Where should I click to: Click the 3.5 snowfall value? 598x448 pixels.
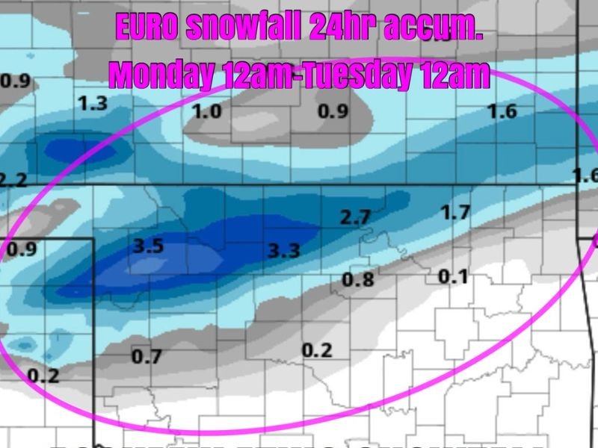(148, 246)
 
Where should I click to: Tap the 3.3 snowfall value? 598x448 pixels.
(284, 250)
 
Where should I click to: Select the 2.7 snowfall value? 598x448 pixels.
(355, 218)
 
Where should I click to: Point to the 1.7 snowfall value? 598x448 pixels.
(455, 213)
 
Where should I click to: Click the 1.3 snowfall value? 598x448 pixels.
(93, 104)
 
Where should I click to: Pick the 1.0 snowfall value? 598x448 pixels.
(207, 112)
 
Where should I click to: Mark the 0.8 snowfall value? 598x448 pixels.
(357, 279)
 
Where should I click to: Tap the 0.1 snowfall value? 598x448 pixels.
(453, 277)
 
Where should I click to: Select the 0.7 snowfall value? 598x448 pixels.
(147, 357)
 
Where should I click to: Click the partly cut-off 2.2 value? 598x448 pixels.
(13, 179)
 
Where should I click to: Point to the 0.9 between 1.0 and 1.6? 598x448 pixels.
(333, 112)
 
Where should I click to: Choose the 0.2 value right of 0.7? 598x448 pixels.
(318, 349)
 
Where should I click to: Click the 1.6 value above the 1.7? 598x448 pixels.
(502, 112)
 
